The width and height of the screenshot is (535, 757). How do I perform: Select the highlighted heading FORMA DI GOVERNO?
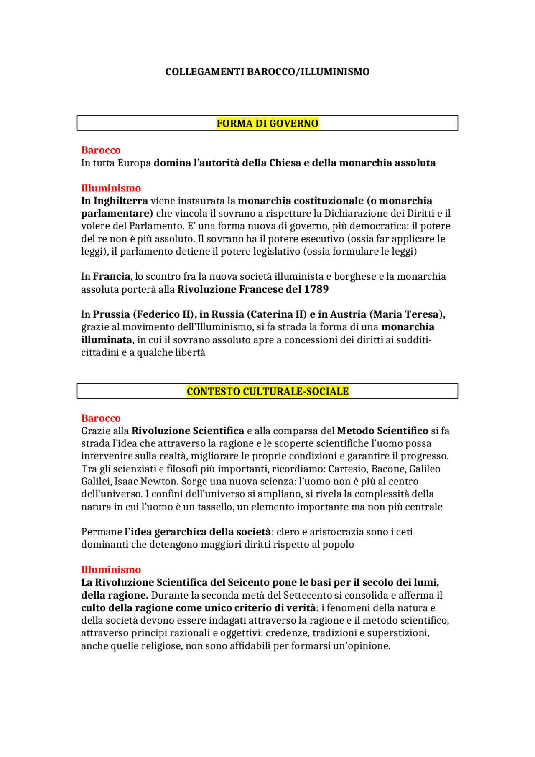click(x=267, y=123)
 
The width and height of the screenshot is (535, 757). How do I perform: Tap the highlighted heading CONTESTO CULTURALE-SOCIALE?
click(x=267, y=391)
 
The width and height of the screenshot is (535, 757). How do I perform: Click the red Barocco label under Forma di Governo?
click(x=101, y=150)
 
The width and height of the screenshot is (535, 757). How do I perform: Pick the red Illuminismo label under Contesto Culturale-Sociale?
click(x=111, y=569)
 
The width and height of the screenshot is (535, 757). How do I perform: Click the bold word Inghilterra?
click(x=120, y=201)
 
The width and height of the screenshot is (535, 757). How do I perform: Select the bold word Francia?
click(x=111, y=276)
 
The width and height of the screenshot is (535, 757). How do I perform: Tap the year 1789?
click(x=316, y=289)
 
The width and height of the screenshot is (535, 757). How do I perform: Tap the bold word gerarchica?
click(x=181, y=532)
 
